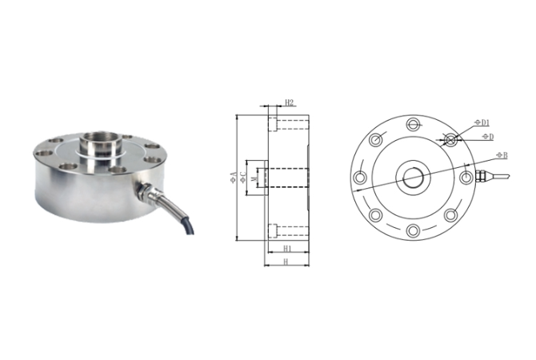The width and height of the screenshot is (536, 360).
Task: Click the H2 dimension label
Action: (x=290, y=102)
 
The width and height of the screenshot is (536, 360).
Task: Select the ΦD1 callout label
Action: (x=482, y=122)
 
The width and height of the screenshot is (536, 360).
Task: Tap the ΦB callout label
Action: (x=500, y=153)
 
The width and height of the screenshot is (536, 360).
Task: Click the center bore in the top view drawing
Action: (x=413, y=177)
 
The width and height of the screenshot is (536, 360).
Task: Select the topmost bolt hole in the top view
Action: (x=413, y=124)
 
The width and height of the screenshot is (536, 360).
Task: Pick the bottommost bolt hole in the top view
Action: (x=413, y=230)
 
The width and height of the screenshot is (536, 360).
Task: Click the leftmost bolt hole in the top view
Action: (x=360, y=177)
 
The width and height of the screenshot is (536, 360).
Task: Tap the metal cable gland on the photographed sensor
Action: (x=149, y=193)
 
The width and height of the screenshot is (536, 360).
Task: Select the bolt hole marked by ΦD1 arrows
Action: (x=450, y=139)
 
